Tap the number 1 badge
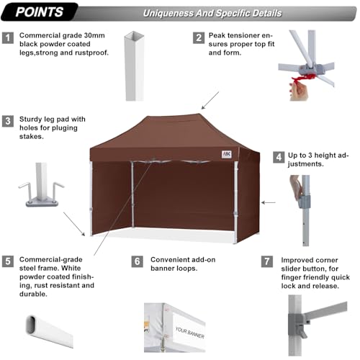(x=8, y=37)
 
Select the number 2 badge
(x=197, y=37)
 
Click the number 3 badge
(x=8, y=121)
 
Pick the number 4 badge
(x=277, y=156)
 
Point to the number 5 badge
(x=8, y=261)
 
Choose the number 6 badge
(x=138, y=261)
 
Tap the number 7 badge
(x=269, y=261)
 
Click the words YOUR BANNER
(x=191, y=336)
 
